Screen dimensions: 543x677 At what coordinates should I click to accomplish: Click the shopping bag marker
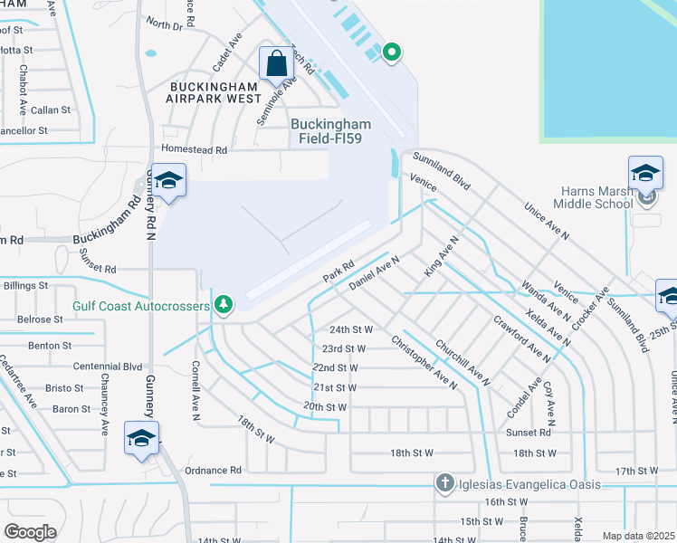[277, 64]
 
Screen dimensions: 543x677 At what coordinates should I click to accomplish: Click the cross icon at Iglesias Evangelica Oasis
[444, 483]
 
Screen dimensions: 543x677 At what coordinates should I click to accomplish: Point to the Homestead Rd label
[194, 148]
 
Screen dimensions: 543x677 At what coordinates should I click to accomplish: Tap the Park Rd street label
[338, 271]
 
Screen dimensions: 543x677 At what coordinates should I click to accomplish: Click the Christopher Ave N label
[424, 362]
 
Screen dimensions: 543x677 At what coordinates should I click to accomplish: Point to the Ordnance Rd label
[214, 470]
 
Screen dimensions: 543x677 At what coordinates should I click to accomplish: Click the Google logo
[31, 532]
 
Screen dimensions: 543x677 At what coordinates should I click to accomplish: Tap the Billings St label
[25, 285]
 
